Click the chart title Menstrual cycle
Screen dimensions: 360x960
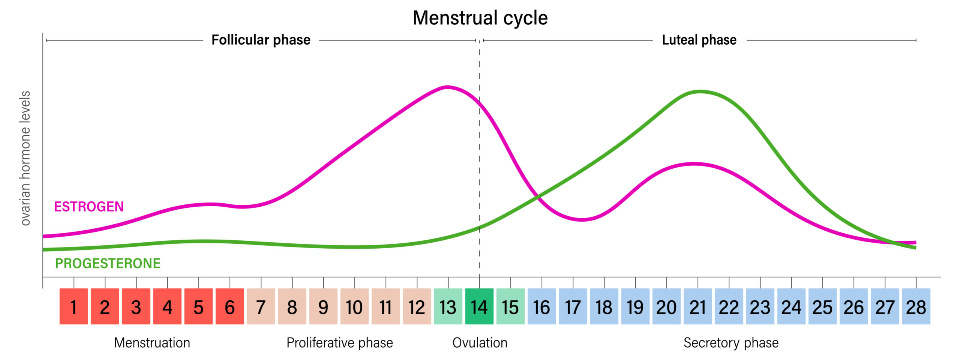(x=480, y=18)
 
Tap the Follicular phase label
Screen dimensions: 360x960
(x=261, y=40)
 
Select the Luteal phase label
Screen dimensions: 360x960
(x=699, y=40)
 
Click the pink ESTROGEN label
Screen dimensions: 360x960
(x=89, y=207)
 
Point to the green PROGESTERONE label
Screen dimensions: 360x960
(x=108, y=263)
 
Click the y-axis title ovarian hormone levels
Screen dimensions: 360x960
(x=25, y=158)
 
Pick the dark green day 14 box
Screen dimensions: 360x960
(x=479, y=306)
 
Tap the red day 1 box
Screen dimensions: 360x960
(x=73, y=306)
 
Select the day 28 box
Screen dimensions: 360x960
(x=916, y=306)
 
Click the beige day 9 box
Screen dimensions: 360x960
(x=323, y=306)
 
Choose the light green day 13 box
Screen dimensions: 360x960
(x=448, y=306)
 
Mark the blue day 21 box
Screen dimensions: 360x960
(x=697, y=306)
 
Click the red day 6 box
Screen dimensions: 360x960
(x=229, y=306)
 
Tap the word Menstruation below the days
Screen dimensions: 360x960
(x=152, y=343)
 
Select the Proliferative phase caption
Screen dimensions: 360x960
(x=339, y=343)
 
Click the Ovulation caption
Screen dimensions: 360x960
(x=480, y=343)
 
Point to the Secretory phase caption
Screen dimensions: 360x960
(x=731, y=343)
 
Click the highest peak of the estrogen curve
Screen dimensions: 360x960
(x=447, y=87)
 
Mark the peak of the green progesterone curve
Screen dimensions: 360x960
(x=700, y=91)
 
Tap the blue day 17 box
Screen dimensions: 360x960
(x=573, y=306)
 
